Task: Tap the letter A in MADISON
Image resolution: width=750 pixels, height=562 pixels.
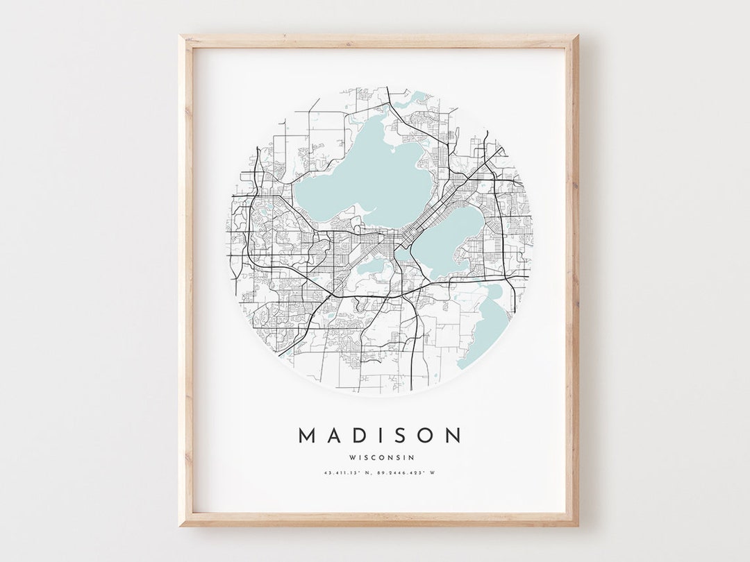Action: tap(333, 436)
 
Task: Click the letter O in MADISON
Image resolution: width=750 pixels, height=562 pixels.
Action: tap(424, 436)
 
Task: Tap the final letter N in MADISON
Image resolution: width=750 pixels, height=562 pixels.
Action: tap(453, 436)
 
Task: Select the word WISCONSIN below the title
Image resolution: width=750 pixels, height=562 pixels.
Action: tap(382, 457)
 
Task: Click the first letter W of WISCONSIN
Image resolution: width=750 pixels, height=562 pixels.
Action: tap(353, 457)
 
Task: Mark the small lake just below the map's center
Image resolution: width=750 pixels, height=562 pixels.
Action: tap(373, 265)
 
